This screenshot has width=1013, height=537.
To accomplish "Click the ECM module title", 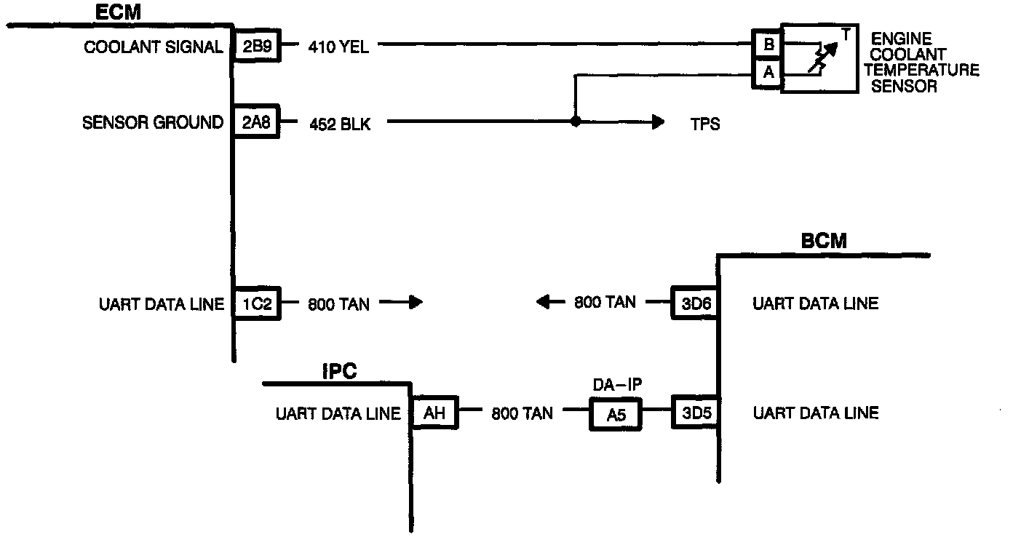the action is tap(118, 12).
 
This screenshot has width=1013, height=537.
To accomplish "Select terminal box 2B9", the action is tap(257, 46).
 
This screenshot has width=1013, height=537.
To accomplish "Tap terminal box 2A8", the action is tap(256, 122).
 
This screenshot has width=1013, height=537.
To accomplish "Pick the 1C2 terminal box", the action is tap(257, 303).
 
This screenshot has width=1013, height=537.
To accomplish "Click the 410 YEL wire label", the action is tap(338, 47).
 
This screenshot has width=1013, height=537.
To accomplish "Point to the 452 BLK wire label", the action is tap(340, 124).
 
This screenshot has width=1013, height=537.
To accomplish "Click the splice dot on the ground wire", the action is tap(575, 121).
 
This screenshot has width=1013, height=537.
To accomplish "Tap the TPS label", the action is tap(705, 124).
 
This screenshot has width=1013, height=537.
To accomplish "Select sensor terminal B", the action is tap(768, 44).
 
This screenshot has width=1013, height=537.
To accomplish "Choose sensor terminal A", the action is tap(768, 73).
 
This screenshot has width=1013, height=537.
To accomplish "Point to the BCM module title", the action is tap(824, 241).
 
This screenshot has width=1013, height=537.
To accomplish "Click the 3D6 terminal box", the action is tap(696, 303).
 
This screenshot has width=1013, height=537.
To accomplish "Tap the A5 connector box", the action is tap(616, 414).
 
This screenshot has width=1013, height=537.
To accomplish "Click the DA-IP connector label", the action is tap(617, 385).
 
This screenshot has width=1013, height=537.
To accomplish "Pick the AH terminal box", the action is tap(434, 413).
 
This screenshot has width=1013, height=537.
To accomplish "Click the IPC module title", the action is tap(339, 372).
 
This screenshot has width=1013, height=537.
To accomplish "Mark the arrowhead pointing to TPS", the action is tap(659, 122).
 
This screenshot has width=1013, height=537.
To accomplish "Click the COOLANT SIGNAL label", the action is tap(154, 47).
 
